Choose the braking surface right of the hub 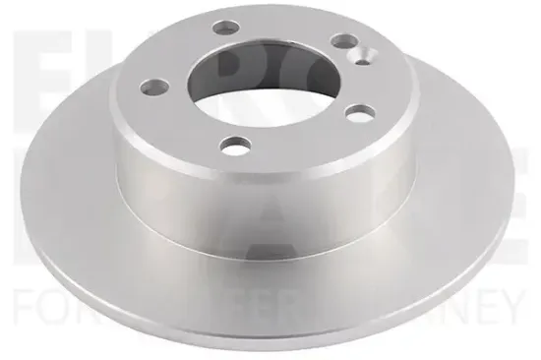click(x=462, y=197)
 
